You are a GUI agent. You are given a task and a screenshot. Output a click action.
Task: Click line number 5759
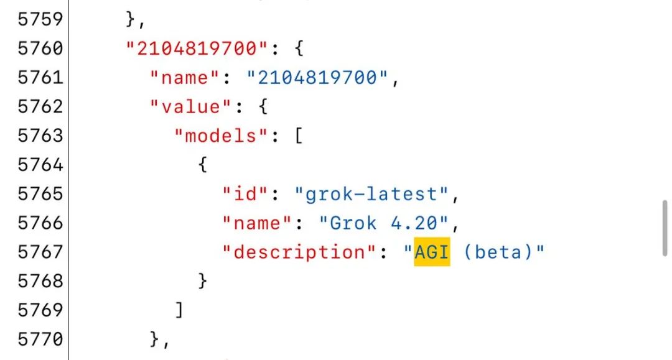(40, 19)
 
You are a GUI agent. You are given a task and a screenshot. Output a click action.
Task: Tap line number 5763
(40, 136)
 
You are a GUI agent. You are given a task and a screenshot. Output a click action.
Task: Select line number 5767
(40, 252)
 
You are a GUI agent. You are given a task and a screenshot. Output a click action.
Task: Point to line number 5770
(40, 339)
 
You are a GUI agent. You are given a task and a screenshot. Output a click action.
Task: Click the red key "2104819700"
(197, 48)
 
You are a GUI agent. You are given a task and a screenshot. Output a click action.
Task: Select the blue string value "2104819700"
(317, 78)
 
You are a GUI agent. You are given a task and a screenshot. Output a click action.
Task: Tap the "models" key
(221, 136)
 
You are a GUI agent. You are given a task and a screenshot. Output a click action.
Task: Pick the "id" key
(245, 194)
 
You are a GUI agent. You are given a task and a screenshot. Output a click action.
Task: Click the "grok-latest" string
(371, 194)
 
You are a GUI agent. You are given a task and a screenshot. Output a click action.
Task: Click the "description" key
(299, 252)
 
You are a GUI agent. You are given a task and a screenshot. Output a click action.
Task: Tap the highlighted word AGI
(432, 252)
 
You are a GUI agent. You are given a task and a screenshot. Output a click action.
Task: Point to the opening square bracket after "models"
(299, 136)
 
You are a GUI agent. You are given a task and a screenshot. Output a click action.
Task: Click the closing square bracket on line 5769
(179, 310)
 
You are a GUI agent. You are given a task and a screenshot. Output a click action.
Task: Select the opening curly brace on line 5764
(203, 165)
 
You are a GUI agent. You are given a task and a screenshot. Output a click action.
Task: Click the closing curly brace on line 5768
(203, 281)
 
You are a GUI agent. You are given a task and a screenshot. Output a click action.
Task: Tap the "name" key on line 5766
(257, 223)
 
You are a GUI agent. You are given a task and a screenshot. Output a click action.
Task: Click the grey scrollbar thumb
(665, 228)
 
